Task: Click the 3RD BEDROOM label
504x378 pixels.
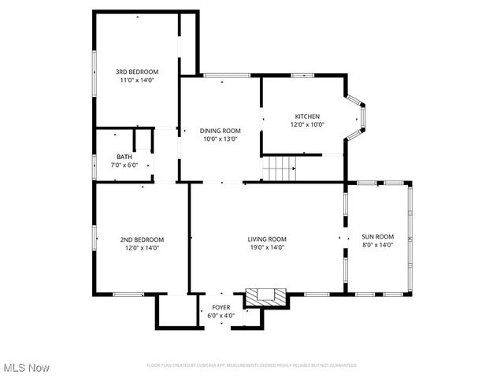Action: click(x=138, y=72)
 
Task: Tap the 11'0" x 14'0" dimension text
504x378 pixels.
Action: click(x=138, y=80)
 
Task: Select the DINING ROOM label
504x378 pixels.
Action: click(x=220, y=131)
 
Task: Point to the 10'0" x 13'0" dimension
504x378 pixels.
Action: click(x=220, y=139)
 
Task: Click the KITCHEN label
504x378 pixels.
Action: click(x=307, y=116)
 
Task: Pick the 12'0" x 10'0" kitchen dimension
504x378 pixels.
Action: click(x=307, y=124)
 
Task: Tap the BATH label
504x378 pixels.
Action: click(x=124, y=157)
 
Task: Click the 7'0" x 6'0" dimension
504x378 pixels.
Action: click(x=124, y=165)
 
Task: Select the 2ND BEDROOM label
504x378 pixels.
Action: click(x=142, y=239)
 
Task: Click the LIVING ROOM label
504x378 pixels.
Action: click(x=268, y=239)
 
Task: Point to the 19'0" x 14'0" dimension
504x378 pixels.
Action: click(x=268, y=247)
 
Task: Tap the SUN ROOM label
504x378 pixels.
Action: click(x=377, y=236)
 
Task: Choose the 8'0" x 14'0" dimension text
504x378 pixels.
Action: click(x=377, y=245)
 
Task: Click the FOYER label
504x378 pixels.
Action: click(x=221, y=307)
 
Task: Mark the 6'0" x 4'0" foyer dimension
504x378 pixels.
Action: click(x=221, y=315)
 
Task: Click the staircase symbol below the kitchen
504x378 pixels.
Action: click(x=279, y=167)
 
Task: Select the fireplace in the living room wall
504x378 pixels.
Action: click(x=265, y=297)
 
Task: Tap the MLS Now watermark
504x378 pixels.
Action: click(x=27, y=368)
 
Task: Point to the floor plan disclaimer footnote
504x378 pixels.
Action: click(x=252, y=365)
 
